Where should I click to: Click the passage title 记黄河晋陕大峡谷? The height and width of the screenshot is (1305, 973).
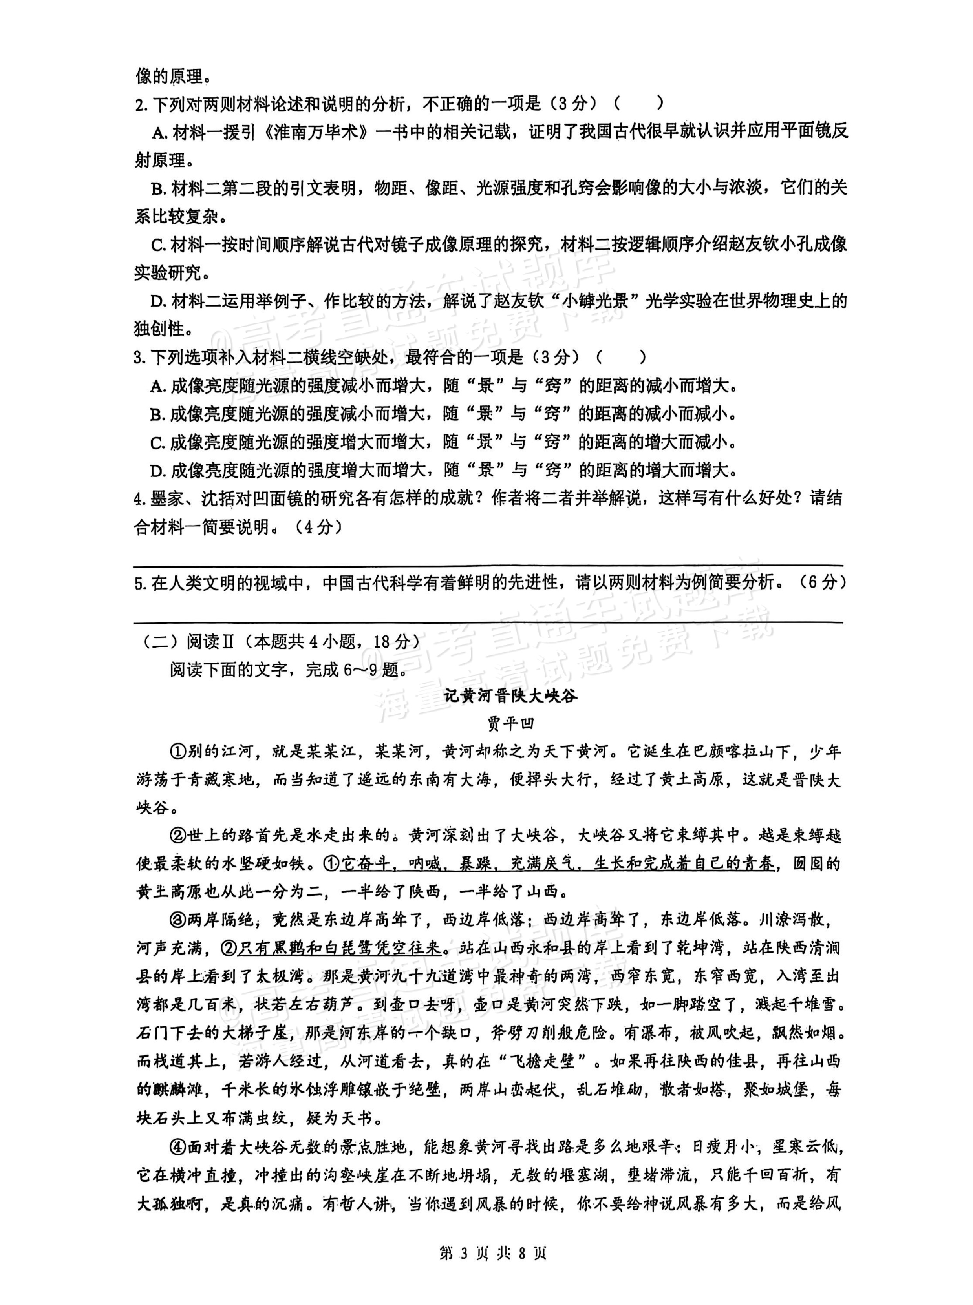510,696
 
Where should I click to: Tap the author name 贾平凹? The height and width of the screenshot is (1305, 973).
510,723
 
